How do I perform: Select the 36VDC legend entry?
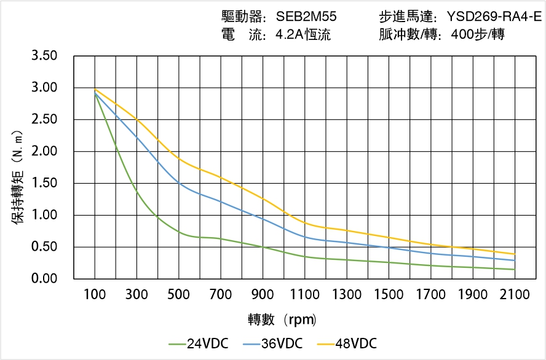coord(280,343)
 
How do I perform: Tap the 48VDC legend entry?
coord(354,343)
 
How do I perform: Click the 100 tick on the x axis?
coord(95,295)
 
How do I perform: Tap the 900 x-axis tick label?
coord(263,295)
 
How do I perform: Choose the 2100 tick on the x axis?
coord(515,295)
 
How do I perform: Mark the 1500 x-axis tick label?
coord(389,295)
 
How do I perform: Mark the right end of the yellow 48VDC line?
coord(515,254)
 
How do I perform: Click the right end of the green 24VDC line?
coord(515,269)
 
